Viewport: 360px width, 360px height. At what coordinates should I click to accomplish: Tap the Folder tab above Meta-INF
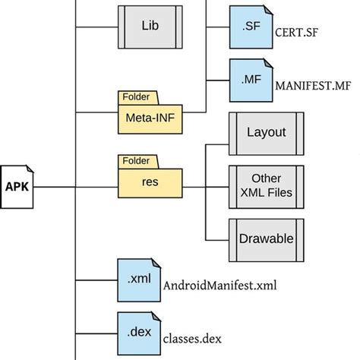click(137, 97)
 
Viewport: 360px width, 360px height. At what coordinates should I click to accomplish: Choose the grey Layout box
click(266, 132)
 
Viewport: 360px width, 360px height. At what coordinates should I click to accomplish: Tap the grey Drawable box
click(266, 238)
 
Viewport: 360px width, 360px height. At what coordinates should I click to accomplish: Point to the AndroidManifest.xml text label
click(220, 285)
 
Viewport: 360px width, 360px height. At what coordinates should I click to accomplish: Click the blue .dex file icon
click(137, 333)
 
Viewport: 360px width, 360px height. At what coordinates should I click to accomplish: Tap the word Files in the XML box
click(281, 192)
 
